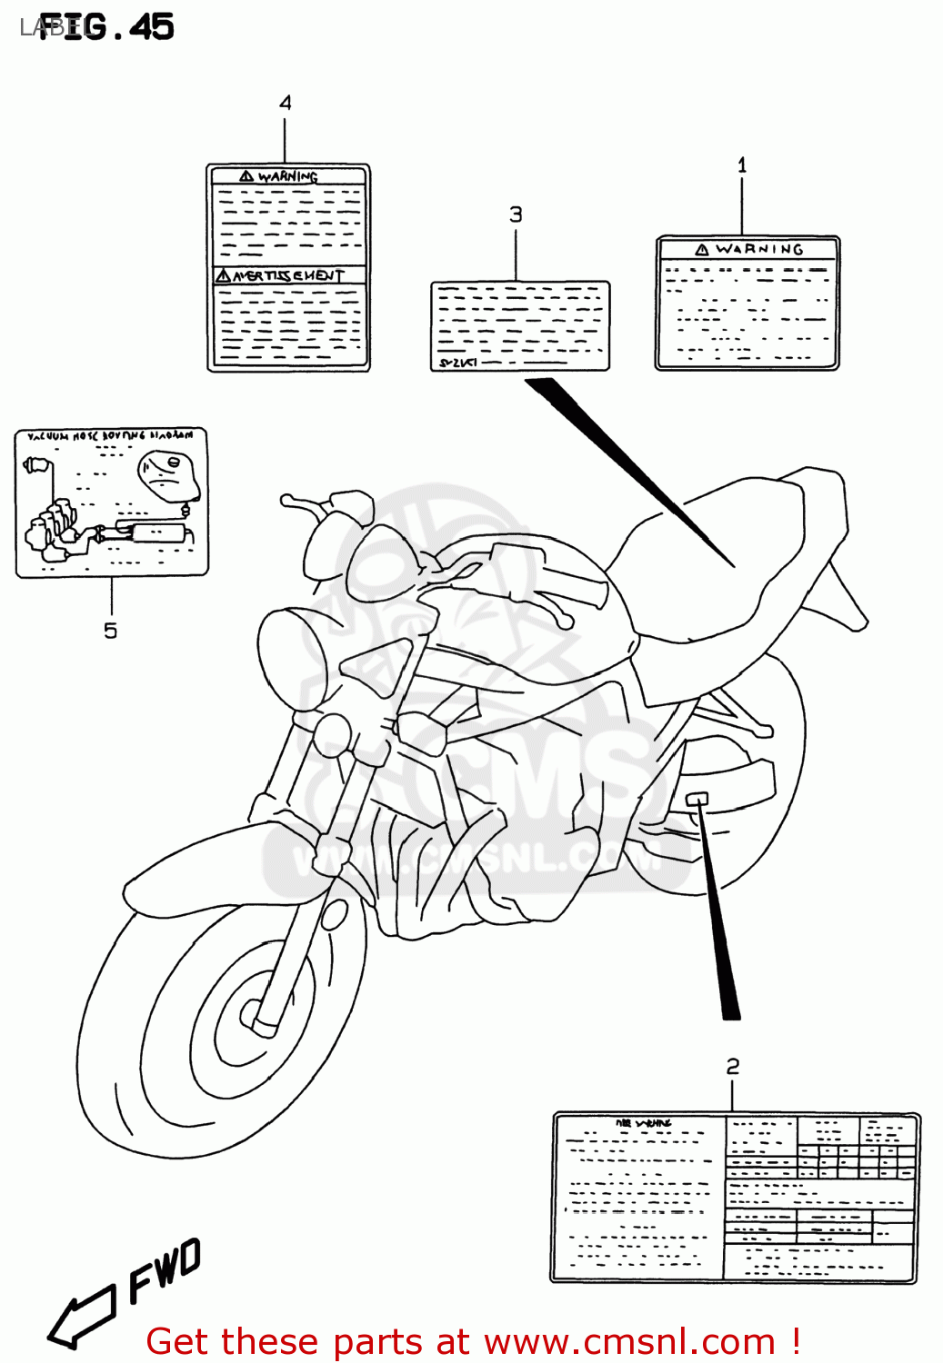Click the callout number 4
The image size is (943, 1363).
tap(286, 103)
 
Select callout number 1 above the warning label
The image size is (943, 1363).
tap(742, 165)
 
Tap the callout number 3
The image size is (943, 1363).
tap(516, 214)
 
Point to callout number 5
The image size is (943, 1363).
tap(110, 631)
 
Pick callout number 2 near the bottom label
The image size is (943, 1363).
tap(733, 1066)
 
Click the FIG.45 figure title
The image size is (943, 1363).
tap(106, 27)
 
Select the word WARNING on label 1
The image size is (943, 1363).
tap(758, 249)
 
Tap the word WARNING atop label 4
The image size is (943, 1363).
tap(287, 176)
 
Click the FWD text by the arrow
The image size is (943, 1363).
tap(164, 1270)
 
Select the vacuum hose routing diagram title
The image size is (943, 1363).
tap(111, 436)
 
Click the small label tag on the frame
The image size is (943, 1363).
tap(697, 799)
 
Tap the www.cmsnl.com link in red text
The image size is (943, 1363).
tap(629, 1341)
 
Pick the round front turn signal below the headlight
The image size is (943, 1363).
tap(333, 732)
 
